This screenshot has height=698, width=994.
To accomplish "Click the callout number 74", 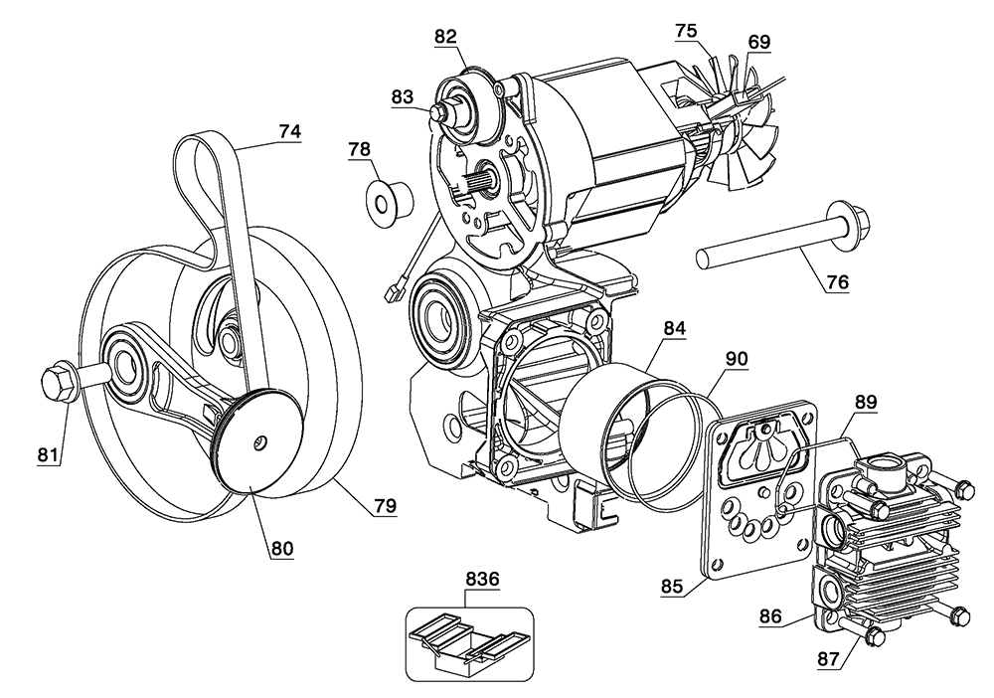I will coord(290,130).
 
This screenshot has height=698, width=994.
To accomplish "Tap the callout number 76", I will coord(837,281).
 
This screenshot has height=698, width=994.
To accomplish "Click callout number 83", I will coord(404,97).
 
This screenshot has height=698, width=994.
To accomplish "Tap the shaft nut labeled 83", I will coord(439,112).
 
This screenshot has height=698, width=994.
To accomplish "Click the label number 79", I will coord(383,506).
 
